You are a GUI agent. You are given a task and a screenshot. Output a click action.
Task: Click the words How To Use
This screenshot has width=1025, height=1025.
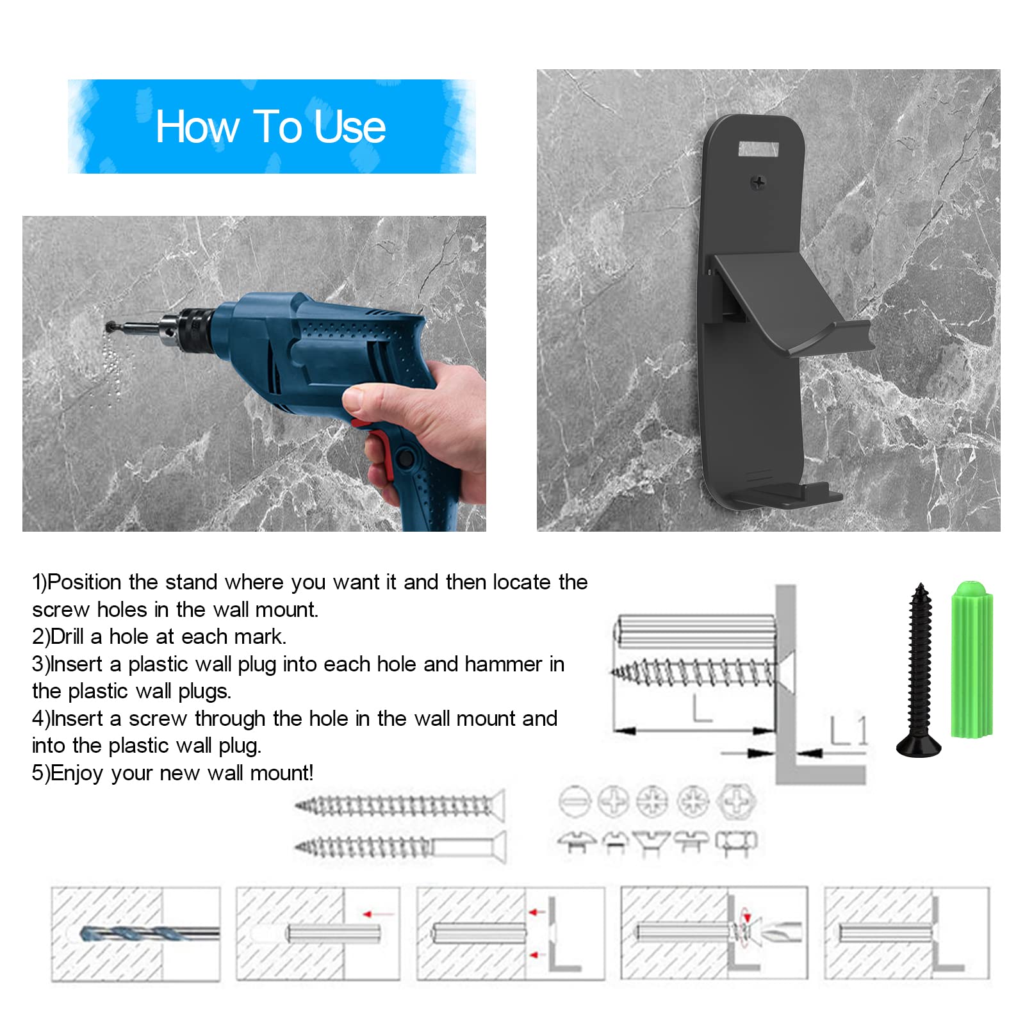click(x=270, y=126)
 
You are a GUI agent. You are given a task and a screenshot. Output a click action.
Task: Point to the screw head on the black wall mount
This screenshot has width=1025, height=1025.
click(x=758, y=183)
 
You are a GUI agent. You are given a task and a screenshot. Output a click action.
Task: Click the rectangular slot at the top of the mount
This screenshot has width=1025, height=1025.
click(x=758, y=150)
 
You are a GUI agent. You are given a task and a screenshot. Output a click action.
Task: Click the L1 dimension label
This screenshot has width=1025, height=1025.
click(x=849, y=730)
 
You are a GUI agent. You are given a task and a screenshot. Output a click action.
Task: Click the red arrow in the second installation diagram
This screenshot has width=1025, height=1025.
click(x=378, y=914)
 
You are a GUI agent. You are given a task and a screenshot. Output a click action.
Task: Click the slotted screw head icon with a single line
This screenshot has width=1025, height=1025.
click(x=574, y=801)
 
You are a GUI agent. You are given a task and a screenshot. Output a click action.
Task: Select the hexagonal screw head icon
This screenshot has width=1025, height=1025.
click(x=737, y=801)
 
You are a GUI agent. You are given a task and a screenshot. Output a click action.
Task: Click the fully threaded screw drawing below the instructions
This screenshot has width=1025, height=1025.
click(x=400, y=806)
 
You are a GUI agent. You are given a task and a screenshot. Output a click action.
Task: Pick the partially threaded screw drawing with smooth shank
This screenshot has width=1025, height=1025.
click(x=400, y=847)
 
